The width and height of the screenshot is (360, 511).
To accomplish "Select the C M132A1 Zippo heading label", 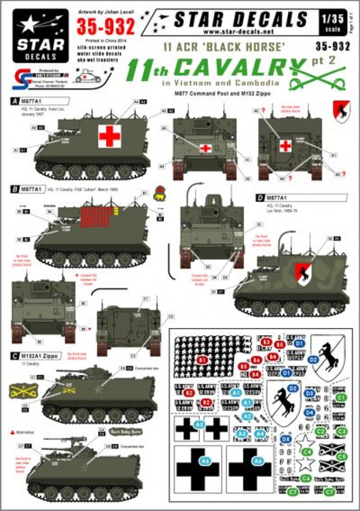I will (35, 355).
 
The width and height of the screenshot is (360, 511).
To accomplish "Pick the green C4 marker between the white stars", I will (306, 451).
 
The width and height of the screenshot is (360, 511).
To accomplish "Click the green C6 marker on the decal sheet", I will (306, 478).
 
